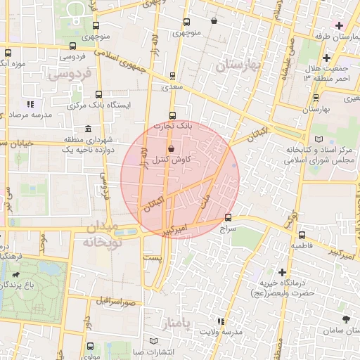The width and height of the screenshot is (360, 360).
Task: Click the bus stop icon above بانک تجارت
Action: pyautogui.click(x=173, y=115)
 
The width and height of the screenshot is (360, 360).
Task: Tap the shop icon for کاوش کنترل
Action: pyautogui.click(x=172, y=148)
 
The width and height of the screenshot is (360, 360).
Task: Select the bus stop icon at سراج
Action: pyautogui.click(x=228, y=217)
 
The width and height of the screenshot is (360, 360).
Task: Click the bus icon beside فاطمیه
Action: pyautogui.click(x=302, y=235)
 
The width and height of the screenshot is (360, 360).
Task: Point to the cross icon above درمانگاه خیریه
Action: pyautogui.click(x=282, y=271)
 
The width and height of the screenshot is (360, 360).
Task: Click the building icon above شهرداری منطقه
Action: pyautogui.click(x=87, y=129)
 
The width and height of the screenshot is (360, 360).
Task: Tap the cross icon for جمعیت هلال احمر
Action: pyautogui.click(x=326, y=58)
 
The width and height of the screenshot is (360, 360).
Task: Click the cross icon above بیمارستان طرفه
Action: pyautogui.click(x=339, y=25)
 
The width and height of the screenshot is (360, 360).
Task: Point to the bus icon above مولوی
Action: pyautogui.click(x=90, y=346)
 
